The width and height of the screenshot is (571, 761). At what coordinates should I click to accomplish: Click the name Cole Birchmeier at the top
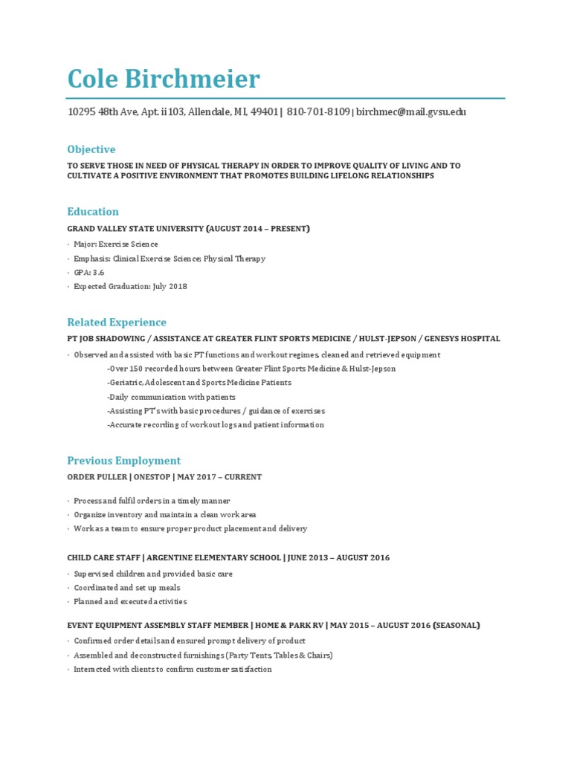pos(164,79)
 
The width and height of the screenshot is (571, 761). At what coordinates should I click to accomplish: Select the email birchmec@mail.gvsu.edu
pos(411,112)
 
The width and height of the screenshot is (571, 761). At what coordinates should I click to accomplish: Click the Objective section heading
pos(91,149)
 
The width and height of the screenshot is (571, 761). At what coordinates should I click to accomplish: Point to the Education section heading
pos(93,211)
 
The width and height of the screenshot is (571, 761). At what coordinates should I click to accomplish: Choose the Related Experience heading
pos(117,323)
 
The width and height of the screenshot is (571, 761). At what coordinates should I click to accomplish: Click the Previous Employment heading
pos(124,461)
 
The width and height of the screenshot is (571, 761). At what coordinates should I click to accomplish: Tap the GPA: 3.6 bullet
pos(88,273)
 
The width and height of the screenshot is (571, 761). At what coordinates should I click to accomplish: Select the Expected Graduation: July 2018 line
pos(130,287)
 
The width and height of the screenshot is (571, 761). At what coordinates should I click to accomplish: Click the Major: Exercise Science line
pos(115,245)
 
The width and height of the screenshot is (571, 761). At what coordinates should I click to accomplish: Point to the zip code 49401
pos(264,112)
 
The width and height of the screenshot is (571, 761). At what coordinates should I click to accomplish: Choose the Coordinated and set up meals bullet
pos(126,588)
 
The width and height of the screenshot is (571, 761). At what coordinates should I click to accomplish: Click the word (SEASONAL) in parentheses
pos(454,626)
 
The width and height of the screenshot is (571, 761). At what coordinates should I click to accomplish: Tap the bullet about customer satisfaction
pos(172,670)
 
